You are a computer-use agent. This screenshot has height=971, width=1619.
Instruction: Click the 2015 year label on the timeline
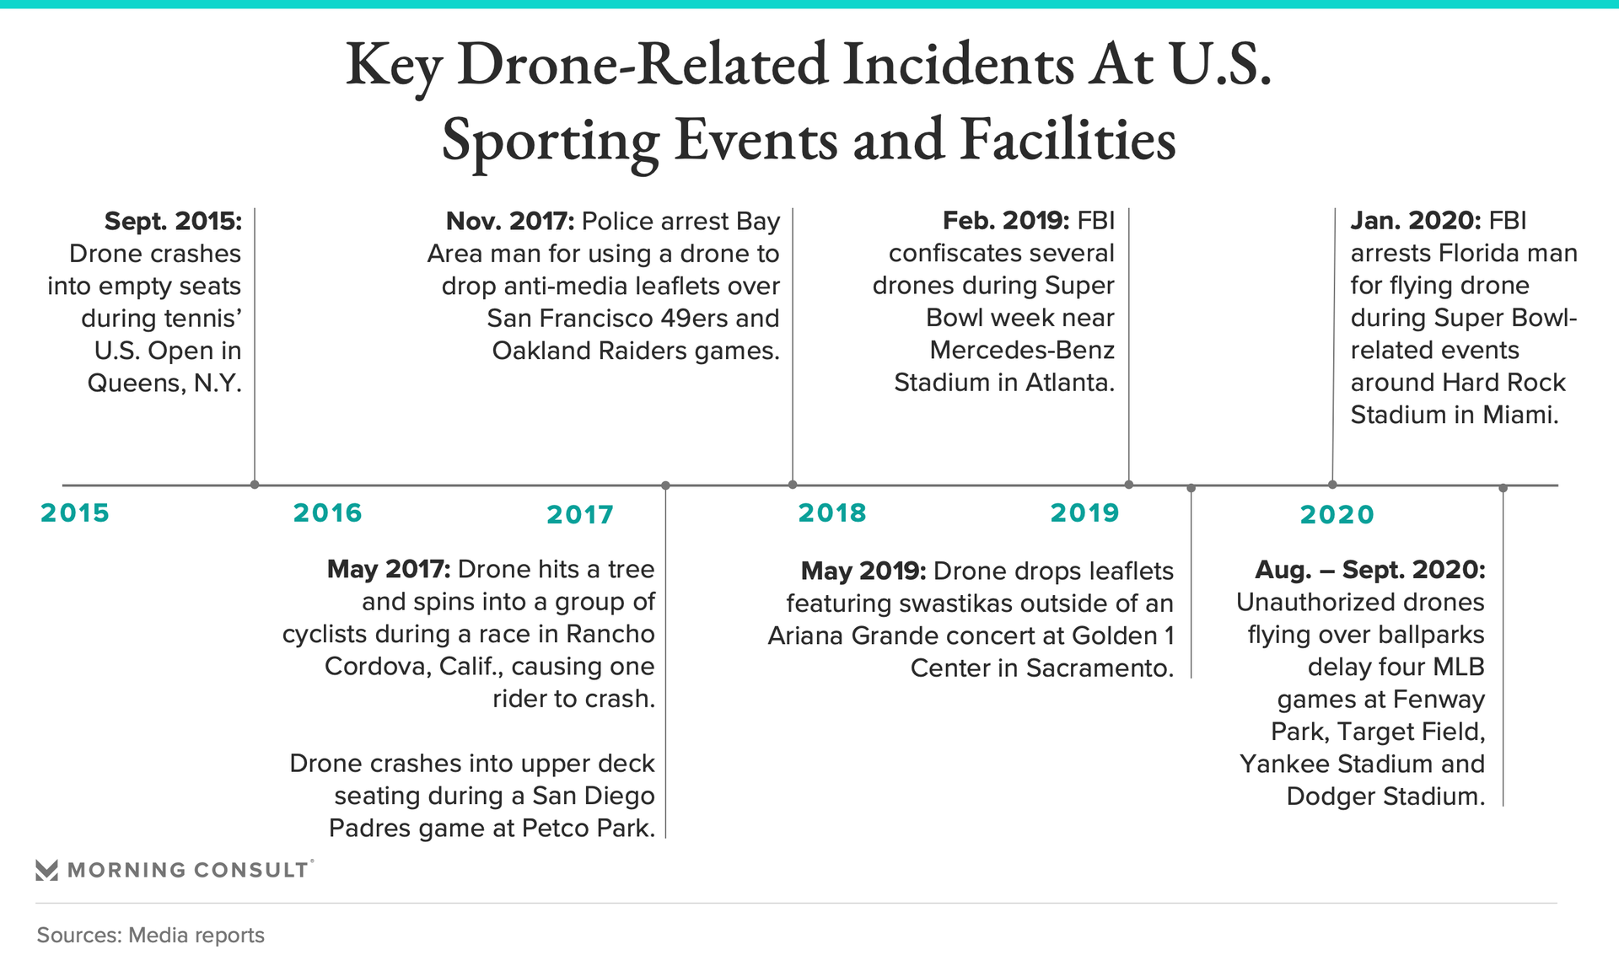pyautogui.click(x=75, y=512)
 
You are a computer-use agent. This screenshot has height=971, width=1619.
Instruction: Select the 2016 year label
pyautogui.click(x=327, y=512)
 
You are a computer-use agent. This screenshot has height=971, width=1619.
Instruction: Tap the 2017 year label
pyautogui.click(x=580, y=514)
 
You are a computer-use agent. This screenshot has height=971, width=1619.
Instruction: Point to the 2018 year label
pyautogui.click(x=832, y=512)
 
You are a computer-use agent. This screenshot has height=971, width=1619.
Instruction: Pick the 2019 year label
pyautogui.click(x=1084, y=512)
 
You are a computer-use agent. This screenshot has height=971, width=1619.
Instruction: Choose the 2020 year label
pyautogui.click(x=1337, y=514)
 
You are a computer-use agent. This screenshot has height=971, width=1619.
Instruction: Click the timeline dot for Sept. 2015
pyautogui.click(x=255, y=485)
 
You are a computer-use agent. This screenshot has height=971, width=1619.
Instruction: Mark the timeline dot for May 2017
pyautogui.click(x=665, y=485)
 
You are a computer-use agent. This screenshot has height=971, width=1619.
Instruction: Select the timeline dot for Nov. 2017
pyautogui.click(x=793, y=485)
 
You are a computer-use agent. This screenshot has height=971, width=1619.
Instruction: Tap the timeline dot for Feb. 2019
pyautogui.click(x=1129, y=485)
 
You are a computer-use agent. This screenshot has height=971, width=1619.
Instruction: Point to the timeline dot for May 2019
pyautogui.click(x=1191, y=488)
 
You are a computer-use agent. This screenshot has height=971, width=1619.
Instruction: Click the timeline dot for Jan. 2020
pyautogui.click(x=1332, y=485)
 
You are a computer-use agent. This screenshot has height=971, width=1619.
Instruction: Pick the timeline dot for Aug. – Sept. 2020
pyautogui.click(x=1503, y=488)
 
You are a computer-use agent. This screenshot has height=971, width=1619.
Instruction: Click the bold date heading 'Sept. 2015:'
pyautogui.click(x=173, y=221)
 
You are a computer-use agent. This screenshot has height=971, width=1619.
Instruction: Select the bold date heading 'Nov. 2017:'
pyautogui.click(x=510, y=221)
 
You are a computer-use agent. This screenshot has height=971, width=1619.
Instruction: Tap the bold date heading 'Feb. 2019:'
pyautogui.click(x=1006, y=221)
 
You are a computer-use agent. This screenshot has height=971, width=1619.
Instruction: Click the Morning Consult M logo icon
pyautogui.click(x=47, y=870)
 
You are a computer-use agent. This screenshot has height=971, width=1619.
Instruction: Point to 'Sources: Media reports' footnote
pyautogui.click(x=151, y=935)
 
